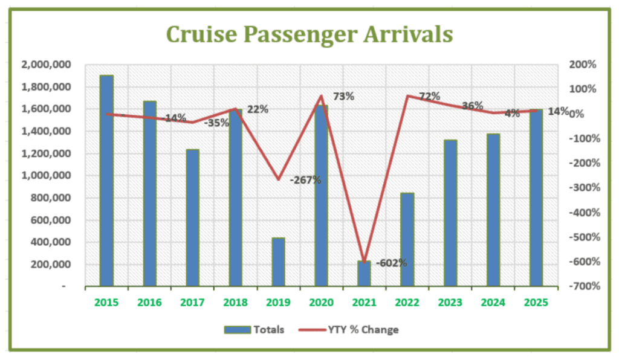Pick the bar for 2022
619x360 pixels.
[407, 239]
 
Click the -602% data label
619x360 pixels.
[391, 263]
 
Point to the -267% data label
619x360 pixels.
[305, 180]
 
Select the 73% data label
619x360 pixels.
[343, 96]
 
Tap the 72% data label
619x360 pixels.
[429, 96]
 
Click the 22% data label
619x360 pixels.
[258, 109]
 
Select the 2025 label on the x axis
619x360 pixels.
[536, 302]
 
